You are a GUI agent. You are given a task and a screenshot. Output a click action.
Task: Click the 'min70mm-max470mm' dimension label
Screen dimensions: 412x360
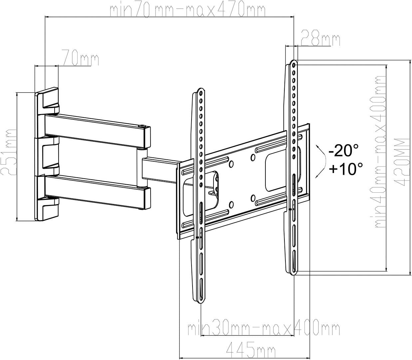pos(188,11)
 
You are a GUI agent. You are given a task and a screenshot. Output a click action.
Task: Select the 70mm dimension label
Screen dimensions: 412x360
pos(80,58)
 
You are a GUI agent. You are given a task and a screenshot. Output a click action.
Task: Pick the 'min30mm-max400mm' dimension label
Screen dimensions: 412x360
pos(264,330)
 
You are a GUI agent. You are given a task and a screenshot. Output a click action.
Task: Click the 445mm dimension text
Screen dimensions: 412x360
pos(250,350)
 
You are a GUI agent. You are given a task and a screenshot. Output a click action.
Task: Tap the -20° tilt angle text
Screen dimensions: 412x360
pos(343,151)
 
